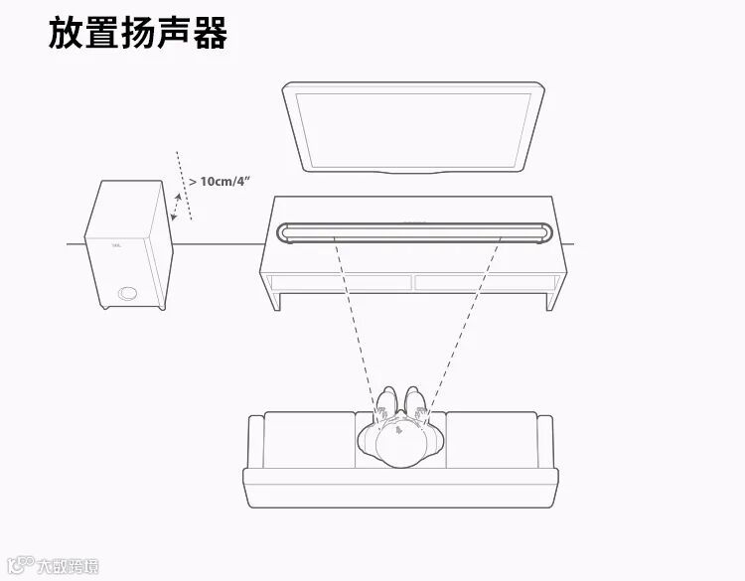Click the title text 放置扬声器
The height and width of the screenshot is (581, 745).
pyautogui.click(x=138, y=33)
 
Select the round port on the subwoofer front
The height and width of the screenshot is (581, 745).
pyautogui.click(x=128, y=293)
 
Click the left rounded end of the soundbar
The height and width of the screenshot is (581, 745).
pyautogui.click(x=289, y=231)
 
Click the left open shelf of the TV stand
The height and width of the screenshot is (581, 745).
pyautogui.click(x=341, y=282)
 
